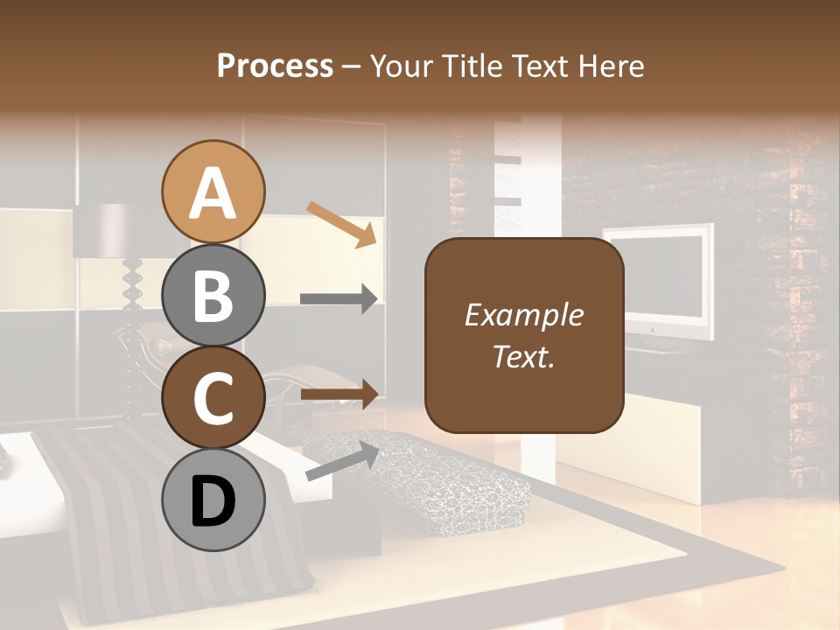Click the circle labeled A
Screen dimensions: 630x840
(x=213, y=192)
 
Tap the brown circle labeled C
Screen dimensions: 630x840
(x=213, y=398)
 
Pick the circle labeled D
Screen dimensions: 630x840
(x=213, y=500)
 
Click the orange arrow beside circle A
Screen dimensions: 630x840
(x=341, y=223)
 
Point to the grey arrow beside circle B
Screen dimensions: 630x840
(x=339, y=299)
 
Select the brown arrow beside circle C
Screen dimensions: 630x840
(x=339, y=395)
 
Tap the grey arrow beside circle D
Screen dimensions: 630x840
(x=342, y=461)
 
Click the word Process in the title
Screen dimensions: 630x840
(x=275, y=66)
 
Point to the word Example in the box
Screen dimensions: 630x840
(x=524, y=315)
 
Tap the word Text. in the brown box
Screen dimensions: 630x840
(x=524, y=356)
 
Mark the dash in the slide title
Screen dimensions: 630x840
(x=352, y=66)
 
